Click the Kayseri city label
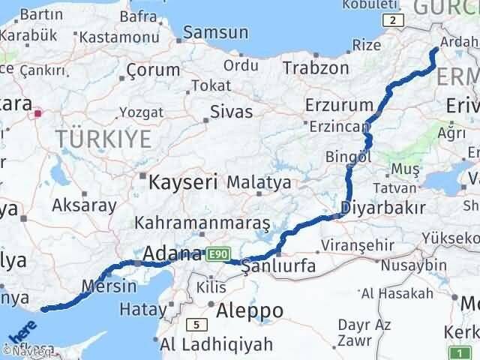183,181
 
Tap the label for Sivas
230,112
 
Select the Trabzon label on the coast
316,68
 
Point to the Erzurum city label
340,104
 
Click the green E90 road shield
216,254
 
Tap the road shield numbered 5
196,325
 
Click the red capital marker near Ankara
38,115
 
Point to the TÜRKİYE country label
103,139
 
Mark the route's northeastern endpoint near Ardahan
436,49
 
